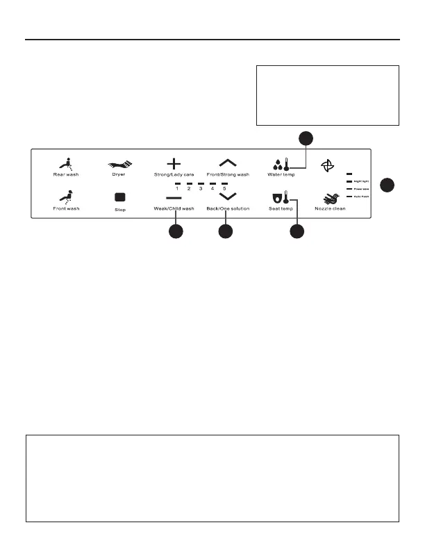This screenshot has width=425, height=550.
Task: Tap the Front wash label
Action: click(67, 208)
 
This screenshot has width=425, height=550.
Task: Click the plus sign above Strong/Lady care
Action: click(174, 163)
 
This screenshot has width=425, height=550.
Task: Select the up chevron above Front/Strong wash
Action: click(228, 163)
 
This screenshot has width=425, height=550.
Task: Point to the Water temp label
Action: click(281, 174)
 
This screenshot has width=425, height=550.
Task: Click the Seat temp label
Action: click(281, 208)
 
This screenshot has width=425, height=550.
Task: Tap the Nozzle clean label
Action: click(331, 208)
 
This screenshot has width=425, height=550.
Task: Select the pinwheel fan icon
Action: click(329, 165)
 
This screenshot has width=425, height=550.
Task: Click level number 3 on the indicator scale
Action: click(201, 189)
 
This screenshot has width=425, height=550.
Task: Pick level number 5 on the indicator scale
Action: click(224, 189)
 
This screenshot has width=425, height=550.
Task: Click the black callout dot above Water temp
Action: click(304, 137)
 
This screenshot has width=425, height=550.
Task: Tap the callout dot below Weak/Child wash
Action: click(176, 233)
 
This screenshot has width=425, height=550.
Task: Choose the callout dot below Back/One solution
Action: click(224, 233)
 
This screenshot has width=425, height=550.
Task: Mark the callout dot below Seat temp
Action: click(297, 233)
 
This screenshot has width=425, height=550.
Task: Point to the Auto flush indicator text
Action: click(362, 197)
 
